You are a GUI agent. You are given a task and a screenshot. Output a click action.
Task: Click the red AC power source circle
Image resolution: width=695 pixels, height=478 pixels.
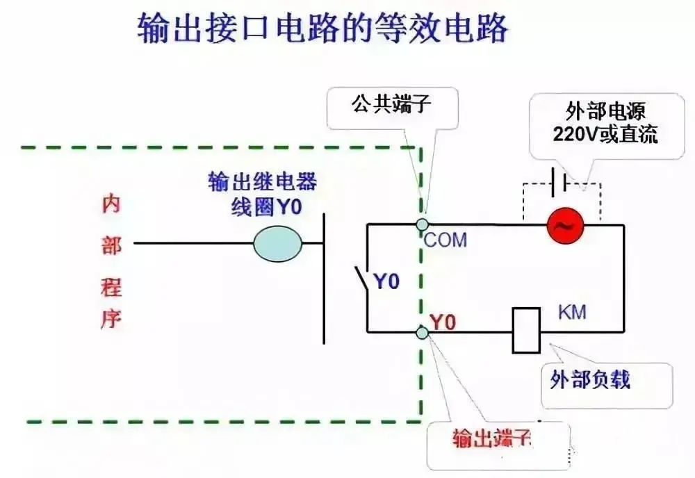[564, 225]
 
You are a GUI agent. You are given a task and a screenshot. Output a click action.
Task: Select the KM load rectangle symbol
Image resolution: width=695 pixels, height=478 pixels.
[526, 329]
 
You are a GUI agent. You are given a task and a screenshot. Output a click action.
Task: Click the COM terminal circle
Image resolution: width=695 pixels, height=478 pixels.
[422, 224]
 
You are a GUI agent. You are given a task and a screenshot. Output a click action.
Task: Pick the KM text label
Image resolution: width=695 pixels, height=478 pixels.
[572, 312]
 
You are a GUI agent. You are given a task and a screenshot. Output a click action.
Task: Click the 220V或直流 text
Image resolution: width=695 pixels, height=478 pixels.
[605, 134]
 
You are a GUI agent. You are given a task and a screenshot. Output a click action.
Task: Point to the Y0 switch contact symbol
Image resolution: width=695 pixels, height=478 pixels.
[361, 281]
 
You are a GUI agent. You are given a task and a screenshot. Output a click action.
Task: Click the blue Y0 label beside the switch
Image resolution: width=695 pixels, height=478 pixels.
[387, 283]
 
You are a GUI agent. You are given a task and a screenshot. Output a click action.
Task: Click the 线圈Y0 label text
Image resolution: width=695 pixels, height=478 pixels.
[267, 206]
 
